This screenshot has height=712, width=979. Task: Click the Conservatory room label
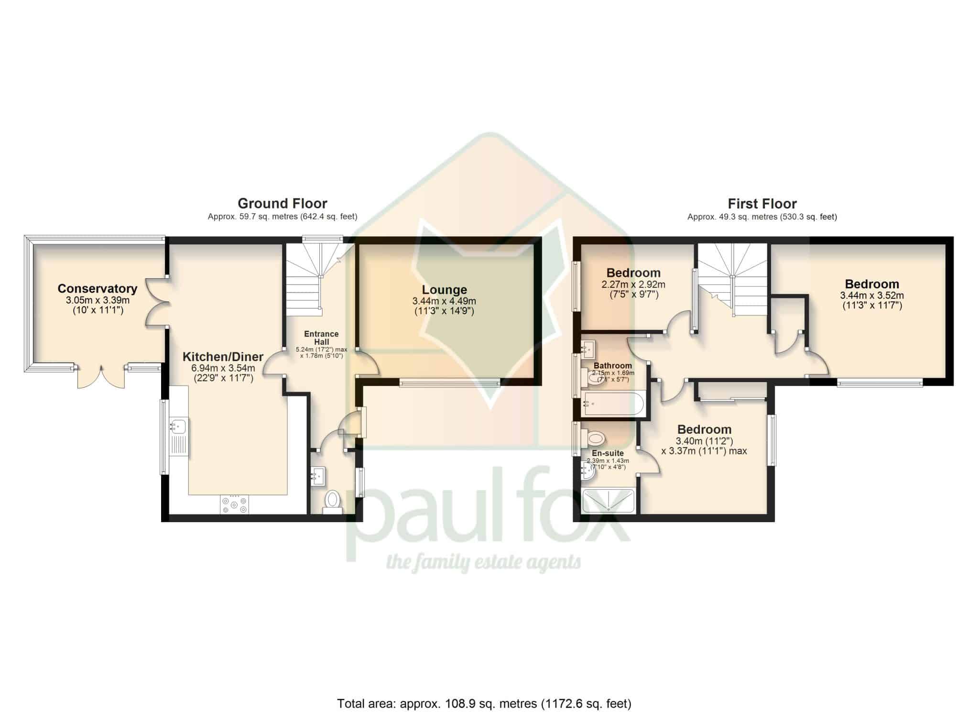(97, 289)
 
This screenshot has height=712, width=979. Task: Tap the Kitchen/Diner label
(223, 357)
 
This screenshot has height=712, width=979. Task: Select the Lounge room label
(445, 290)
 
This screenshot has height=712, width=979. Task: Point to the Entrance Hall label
(321, 338)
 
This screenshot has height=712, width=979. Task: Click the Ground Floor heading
(283, 204)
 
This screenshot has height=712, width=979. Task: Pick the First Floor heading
(762, 204)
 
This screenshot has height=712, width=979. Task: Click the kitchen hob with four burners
(234, 504)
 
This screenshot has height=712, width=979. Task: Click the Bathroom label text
(613, 366)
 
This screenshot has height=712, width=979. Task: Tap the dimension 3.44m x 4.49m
(445, 301)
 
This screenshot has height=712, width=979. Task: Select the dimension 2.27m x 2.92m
(633, 285)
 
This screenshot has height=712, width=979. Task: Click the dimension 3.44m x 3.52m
(872, 296)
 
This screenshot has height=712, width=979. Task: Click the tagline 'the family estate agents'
(483, 563)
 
